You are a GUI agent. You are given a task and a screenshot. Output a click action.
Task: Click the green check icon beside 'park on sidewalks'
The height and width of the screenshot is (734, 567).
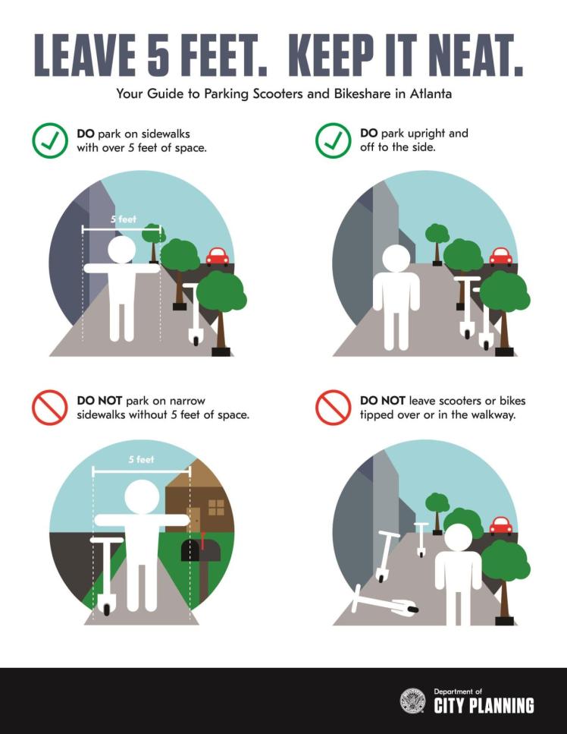point(50,140)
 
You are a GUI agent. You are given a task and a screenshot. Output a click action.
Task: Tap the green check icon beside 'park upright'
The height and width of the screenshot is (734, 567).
point(334,140)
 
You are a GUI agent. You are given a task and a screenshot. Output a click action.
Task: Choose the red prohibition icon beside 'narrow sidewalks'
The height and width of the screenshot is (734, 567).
point(50,407)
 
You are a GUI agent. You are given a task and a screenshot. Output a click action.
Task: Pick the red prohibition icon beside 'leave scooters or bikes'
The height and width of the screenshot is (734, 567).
point(334,407)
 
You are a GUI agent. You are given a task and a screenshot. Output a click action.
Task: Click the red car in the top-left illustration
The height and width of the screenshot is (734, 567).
point(218,257)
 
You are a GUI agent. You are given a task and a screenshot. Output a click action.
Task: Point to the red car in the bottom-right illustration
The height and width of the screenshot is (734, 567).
point(500,525)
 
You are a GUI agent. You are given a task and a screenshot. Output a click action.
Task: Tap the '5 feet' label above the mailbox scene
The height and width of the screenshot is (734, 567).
point(141,459)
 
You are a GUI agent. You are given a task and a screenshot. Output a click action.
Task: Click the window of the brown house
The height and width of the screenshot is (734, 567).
point(216,507)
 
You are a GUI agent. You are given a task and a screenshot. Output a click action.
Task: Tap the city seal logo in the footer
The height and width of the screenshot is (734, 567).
point(413,701)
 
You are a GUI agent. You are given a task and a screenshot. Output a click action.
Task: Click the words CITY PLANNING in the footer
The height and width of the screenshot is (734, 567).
point(484,706)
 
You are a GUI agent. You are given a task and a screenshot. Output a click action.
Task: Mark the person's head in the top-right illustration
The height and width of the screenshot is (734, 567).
point(396,258)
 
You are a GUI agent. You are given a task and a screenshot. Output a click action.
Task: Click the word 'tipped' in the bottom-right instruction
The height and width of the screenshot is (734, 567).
point(377,414)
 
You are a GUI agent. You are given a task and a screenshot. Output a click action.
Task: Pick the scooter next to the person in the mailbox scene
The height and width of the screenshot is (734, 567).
point(106,573)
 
